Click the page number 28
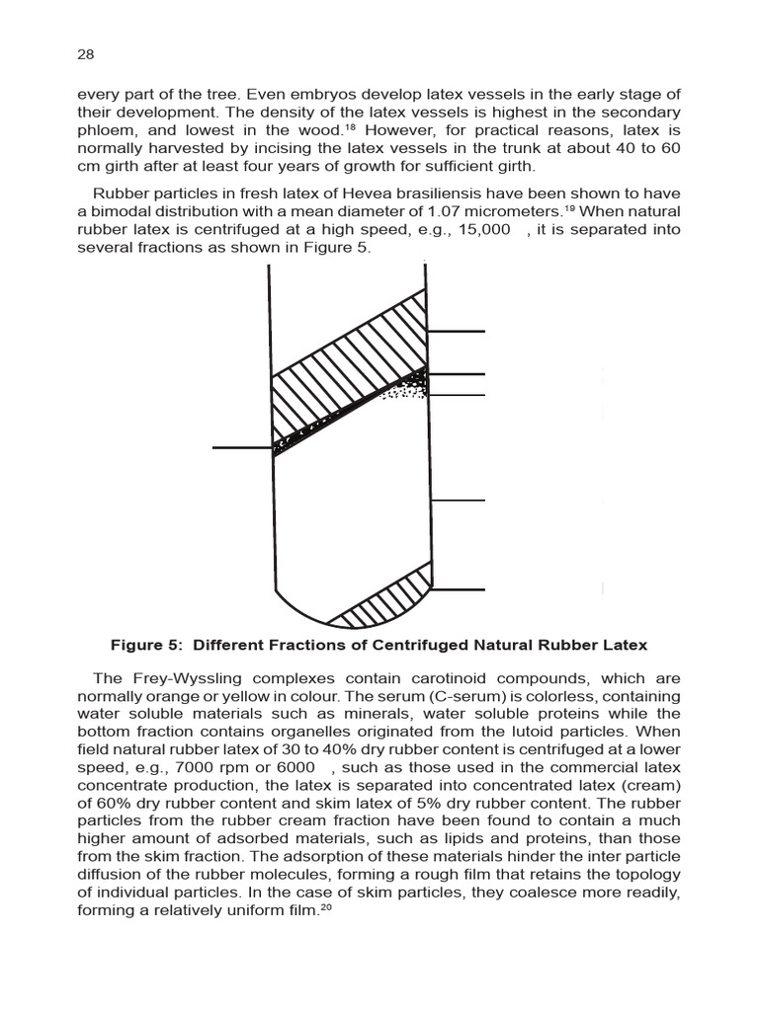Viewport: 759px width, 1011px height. pos(84,55)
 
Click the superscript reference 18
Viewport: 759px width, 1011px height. pos(350,127)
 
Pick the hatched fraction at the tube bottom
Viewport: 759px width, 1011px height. pos(379,601)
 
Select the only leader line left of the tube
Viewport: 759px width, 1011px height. pos(241,448)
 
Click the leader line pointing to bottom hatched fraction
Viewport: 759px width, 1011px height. pos(459,589)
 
